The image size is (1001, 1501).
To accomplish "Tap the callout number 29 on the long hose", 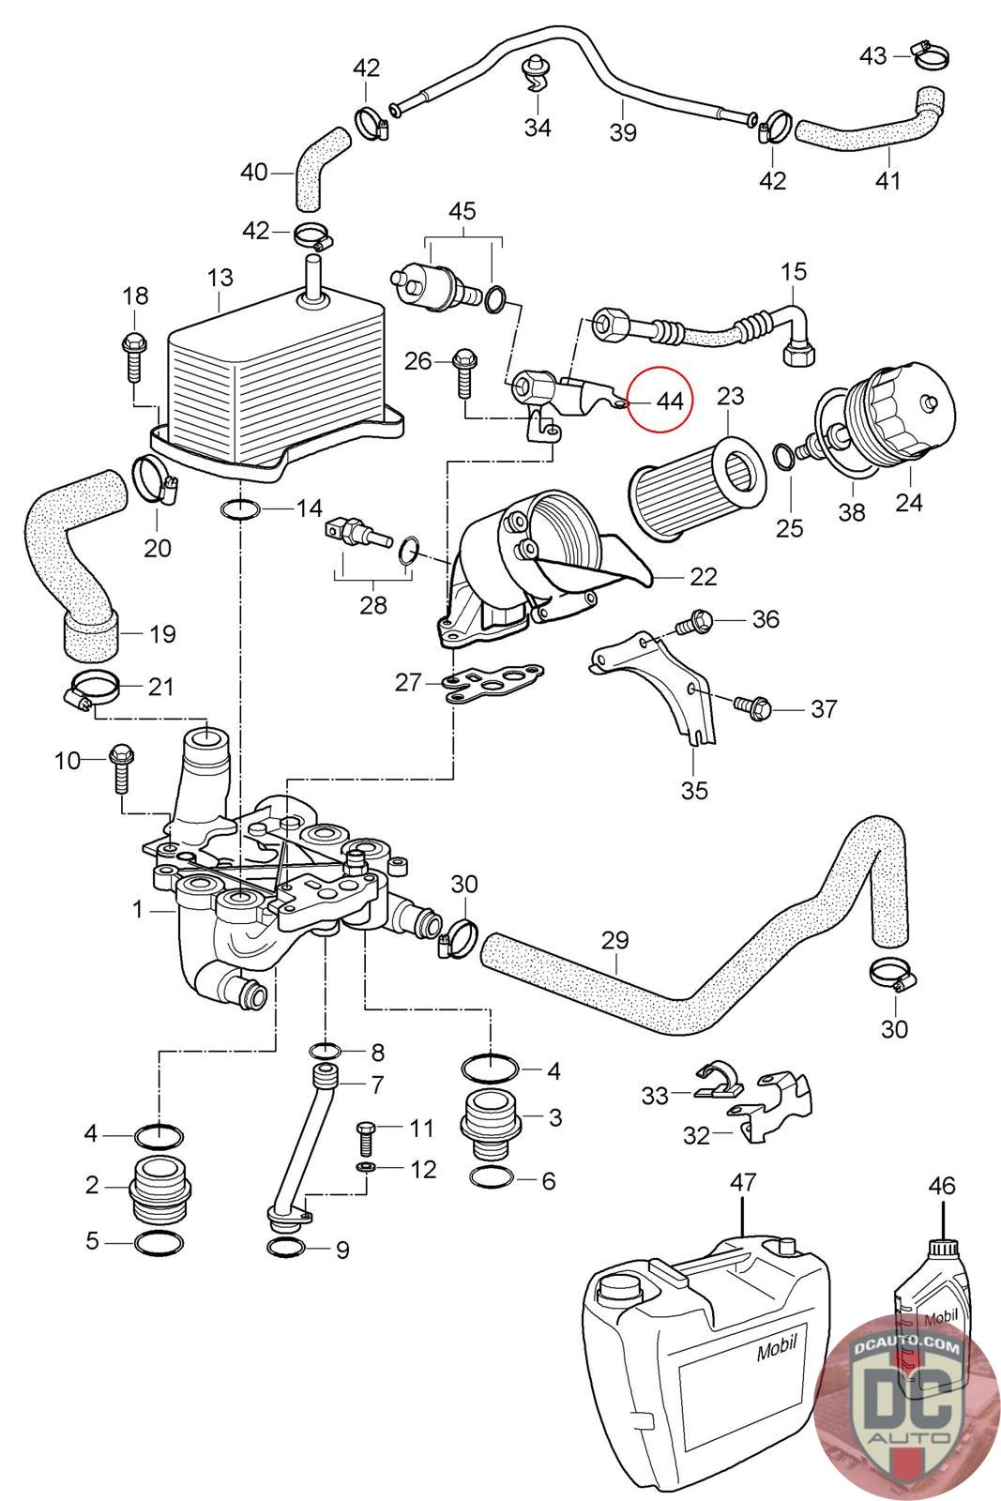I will (x=615, y=940).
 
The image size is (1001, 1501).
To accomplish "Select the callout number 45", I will (x=462, y=211).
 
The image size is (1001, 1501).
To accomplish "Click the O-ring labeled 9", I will (x=286, y=1248).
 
